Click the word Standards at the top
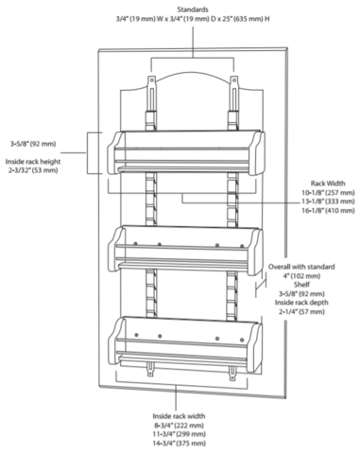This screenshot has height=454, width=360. (193, 9)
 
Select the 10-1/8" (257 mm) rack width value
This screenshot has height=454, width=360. (328, 192)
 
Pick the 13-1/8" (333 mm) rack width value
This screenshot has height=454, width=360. (328, 201)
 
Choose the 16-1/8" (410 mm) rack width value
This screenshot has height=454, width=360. (328, 210)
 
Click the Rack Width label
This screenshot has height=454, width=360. (328, 183)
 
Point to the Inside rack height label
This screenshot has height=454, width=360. (33, 162)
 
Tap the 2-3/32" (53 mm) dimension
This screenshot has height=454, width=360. (33, 170)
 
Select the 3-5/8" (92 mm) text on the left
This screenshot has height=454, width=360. (33, 144)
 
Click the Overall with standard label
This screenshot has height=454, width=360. (301, 267)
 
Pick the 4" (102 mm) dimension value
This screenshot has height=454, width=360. (301, 276)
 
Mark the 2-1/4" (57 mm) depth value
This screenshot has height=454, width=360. (301, 312)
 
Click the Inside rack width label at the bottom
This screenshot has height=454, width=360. (179, 416)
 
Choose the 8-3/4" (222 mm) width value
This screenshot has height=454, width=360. (179, 425)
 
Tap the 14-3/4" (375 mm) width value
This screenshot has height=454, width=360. (179, 443)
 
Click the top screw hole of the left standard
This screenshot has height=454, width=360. (152, 80)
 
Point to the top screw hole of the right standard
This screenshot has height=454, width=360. (234, 80)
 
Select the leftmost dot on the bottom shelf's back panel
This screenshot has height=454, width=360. (136, 334)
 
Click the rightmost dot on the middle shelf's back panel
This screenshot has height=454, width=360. (242, 246)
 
